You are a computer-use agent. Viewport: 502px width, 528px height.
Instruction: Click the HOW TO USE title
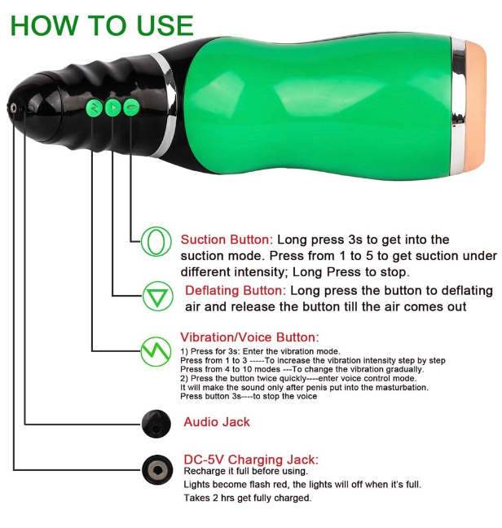[102, 25]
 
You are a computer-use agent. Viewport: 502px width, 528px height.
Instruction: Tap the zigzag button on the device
[94, 108]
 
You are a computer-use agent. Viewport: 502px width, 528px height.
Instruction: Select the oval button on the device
[131, 108]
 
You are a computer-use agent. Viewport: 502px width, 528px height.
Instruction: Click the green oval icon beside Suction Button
[156, 241]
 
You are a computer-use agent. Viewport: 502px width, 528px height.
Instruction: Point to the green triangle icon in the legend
[157, 296]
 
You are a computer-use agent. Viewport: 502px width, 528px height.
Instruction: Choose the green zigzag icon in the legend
[156, 351]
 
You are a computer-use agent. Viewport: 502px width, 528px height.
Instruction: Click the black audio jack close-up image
[156, 423]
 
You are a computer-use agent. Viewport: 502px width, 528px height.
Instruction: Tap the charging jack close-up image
[157, 469]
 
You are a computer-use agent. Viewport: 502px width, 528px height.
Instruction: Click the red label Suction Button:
[227, 240]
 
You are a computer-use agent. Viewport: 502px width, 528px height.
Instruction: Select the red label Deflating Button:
[236, 290]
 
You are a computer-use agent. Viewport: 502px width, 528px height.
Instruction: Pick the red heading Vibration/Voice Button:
[249, 337]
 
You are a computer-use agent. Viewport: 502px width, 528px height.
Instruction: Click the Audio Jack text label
[217, 422]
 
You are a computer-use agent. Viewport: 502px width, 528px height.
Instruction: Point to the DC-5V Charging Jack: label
[251, 460]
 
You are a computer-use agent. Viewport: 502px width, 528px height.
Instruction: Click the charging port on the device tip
[13, 108]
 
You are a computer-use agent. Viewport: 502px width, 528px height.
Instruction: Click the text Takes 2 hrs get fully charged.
[248, 498]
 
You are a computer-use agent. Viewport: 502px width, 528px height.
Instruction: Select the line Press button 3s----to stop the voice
[249, 396]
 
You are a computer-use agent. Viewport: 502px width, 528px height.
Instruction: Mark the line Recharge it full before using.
[246, 471]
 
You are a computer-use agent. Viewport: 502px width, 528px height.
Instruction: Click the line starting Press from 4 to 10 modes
[302, 369]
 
